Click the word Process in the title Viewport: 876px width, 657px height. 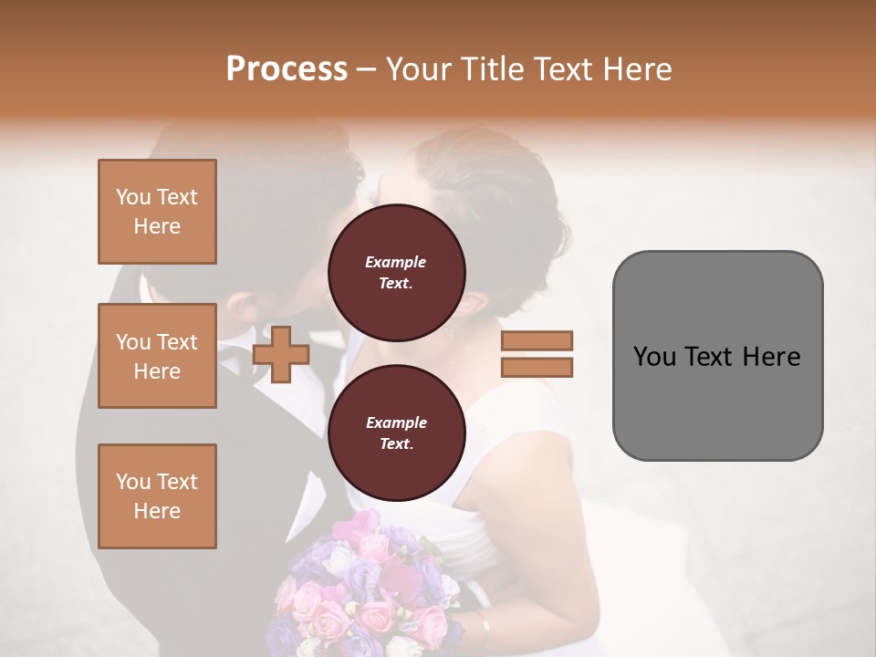coord(287,69)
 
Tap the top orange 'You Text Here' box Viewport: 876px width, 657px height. coord(157,212)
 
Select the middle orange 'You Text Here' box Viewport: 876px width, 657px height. coord(157,356)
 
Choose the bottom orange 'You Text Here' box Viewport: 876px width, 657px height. coord(157,495)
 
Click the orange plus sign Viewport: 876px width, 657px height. coord(280,354)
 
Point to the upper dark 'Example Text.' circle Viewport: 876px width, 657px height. coord(396,273)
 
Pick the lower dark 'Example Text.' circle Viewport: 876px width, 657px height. coord(396,433)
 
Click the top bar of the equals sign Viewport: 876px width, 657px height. coord(537,340)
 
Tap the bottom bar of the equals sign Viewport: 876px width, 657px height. coord(537,367)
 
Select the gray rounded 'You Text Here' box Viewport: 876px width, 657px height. coord(717,355)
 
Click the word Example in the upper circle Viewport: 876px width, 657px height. coord(396,262)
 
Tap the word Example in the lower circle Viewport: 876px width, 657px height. coord(396,422)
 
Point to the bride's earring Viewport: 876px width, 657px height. coord(449,330)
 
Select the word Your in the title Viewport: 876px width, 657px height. coord(421,69)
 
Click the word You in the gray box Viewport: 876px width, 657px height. coord(654,357)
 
